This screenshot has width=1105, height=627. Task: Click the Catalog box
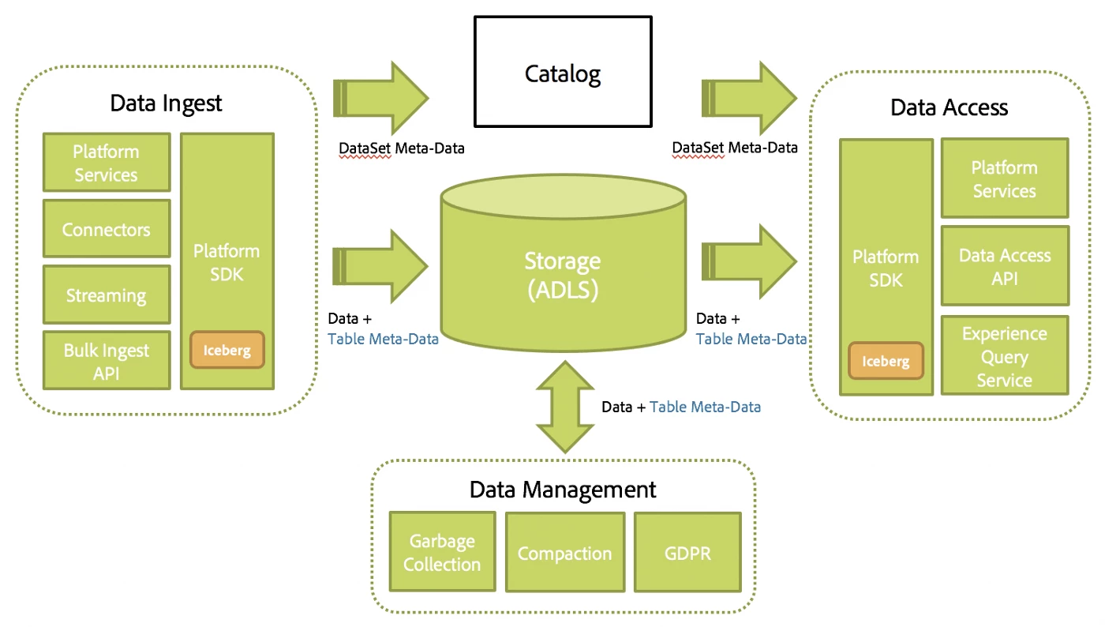click(563, 73)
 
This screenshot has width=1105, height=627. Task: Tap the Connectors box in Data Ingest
click(107, 229)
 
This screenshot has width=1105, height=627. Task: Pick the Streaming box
click(107, 295)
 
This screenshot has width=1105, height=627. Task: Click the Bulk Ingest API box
click(107, 361)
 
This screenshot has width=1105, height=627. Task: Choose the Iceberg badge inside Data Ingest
click(227, 350)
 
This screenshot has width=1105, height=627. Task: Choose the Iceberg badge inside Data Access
click(886, 361)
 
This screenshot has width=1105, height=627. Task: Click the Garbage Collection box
click(442, 553)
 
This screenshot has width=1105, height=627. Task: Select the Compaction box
click(564, 553)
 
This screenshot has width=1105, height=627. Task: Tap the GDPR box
click(687, 553)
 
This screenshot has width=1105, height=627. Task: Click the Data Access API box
click(1004, 266)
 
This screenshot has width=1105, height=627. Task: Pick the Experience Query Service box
click(1004, 356)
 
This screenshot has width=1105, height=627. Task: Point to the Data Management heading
click(563, 489)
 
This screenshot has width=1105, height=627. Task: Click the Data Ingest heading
click(166, 103)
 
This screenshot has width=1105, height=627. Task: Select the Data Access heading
click(949, 107)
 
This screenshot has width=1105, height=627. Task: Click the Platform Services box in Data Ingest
click(107, 163)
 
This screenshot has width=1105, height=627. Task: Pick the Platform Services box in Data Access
click(1004, 179)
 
